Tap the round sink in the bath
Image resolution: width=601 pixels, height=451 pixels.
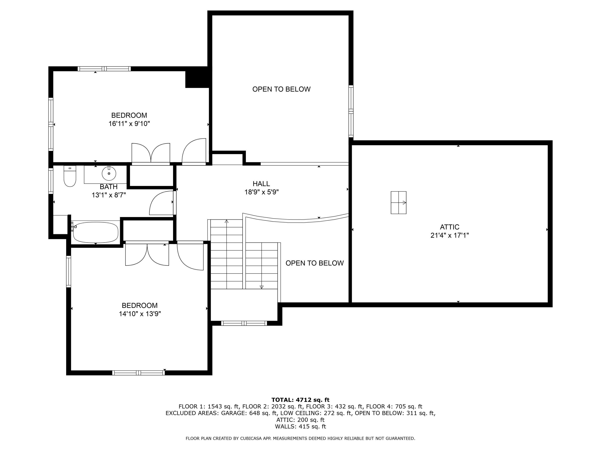click(x=109, y=173)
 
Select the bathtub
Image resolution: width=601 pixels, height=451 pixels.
click(x=96, y=233)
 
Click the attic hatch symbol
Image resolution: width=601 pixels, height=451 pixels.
click(x=398, y=202)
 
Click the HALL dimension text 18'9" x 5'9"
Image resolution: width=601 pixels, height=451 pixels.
click(x=261, y=192)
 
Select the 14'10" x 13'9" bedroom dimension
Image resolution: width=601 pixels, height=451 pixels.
click(x=140, y=314)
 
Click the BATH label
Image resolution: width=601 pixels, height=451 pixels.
click(x=109, y=187)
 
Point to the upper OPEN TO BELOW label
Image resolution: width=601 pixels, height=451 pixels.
click(x=281, y=89)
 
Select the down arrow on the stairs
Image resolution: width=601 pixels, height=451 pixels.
click(x=261, y=287)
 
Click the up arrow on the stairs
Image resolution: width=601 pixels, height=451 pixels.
click(x=227, y=221)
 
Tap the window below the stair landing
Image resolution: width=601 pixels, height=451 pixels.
click(x=244, y=323)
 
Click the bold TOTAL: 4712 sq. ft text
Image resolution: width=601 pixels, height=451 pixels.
click(x=300, y=400)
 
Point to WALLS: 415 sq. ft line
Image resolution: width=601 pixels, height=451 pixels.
click(x=300, y=427)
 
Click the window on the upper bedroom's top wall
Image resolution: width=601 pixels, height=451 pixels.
click(x=104, y=69)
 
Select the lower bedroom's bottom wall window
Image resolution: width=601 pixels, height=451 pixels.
click(x=138, y=373)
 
